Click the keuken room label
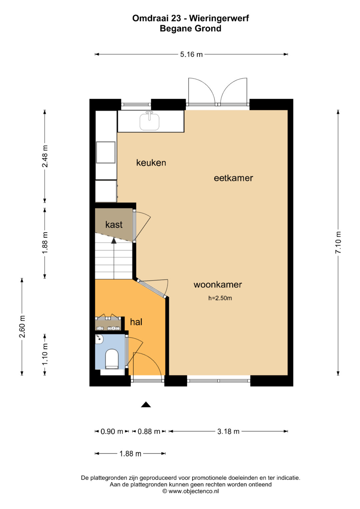[x=151, y=163]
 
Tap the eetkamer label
[x=233, y=178]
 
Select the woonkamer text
[x=218, y=284]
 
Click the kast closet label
[x=114, y=225]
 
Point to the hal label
[x=136, y=322]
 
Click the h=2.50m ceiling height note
[x=220, y=298]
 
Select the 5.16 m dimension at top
[x=191, y=55]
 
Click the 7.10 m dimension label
[x=338, y=242]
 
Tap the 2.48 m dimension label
[x=45, y=156]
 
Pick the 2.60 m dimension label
[x=22, y=327]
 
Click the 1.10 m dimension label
[x=45, y=354]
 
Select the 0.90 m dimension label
[x=112, y=431]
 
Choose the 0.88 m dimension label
[x=149, y=431]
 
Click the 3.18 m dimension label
[x=228, y=431]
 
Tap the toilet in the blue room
[x=112, y=359]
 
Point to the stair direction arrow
[x=114, y=241]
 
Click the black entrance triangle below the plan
[x=146, y=404]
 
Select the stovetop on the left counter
[x=106, y=152]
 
